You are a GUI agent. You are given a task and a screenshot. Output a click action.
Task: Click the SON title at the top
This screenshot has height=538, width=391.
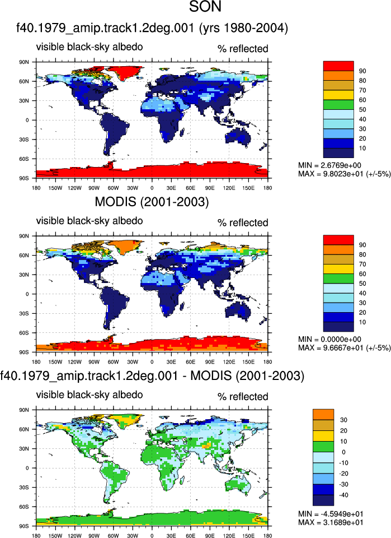click(x=205, y=7)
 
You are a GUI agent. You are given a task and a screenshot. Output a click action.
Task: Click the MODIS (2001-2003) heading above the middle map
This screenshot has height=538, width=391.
click(x=152, y=202)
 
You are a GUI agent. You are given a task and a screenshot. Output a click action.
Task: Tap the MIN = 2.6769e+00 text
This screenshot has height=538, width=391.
click(x=329, y=165)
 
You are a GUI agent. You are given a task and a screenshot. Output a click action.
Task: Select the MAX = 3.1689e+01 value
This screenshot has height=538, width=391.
click(x=331, y=522)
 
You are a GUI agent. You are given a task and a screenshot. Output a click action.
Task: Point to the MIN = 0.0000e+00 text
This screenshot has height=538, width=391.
click(x=329, y=340)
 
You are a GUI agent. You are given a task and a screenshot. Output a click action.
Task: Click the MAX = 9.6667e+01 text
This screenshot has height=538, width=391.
click(x=344, y=348)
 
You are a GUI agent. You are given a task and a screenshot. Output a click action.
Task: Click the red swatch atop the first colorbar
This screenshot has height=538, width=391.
click(x=338, y=66)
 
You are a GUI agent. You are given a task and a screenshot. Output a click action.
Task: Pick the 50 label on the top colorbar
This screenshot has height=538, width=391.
click(x=362, y=110)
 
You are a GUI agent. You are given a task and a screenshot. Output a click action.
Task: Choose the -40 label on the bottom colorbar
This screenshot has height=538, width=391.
click(x=343, y=495)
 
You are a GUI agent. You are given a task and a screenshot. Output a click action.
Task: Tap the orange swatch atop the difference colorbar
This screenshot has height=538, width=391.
click(x=323, y=415)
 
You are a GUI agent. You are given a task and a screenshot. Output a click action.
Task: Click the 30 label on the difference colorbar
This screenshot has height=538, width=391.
click(x=343, y=420)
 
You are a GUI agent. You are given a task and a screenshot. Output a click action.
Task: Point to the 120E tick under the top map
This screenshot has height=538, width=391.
click(x=229, y=188)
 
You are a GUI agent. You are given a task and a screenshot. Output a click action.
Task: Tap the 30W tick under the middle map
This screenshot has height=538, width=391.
click(x=133, y=362)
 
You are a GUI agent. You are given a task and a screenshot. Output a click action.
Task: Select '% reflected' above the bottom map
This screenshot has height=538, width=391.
click(x=243, y=397)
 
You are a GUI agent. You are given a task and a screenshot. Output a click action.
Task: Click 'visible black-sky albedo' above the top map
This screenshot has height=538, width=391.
click(x=89, y=47)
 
